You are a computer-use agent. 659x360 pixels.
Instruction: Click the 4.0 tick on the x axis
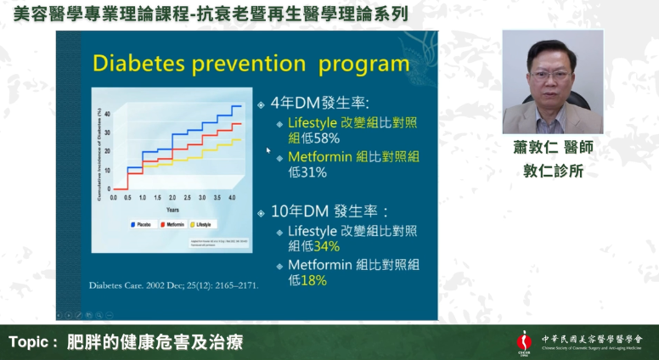[231, 196]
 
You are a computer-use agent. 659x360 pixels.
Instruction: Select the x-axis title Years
[172, 209]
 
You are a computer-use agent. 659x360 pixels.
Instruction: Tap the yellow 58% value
[328, 138]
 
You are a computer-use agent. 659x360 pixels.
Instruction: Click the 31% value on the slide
[314, 172]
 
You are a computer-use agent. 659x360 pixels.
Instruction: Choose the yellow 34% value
[327, 245]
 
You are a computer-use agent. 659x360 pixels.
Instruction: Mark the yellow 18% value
[314, 279]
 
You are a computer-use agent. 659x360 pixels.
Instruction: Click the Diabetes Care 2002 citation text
[173, 285]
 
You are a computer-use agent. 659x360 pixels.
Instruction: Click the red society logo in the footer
[524, 342]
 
